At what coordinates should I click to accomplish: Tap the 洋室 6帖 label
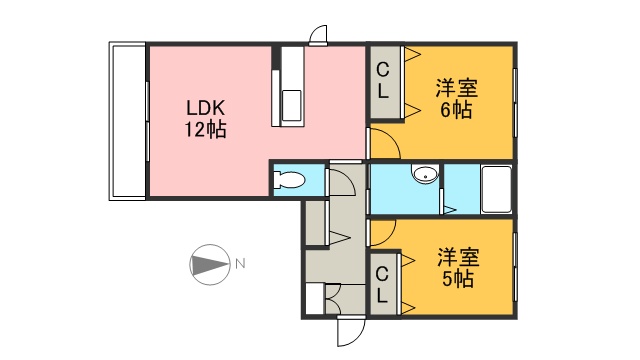click(x=455, y=98)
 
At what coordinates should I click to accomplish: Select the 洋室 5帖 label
click(x=455, y=267)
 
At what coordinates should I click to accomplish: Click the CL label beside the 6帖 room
click(x=384, y=79)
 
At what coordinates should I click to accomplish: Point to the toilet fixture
click(x=291, y=180)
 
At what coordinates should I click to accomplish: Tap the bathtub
click(x=497, y=189)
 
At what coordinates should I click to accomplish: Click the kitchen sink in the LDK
click(x=292, y=103)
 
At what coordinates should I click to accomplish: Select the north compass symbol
click(x=208, y=265)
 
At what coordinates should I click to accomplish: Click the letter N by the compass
click(x=240, y=265)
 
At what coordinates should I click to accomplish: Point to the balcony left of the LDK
click(x=127, y=120)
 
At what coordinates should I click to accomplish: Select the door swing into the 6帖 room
click(x=386, y=146)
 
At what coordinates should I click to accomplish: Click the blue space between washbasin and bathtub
click(x=459, y=187)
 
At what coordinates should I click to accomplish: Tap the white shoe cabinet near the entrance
click(x=314, y=300)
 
